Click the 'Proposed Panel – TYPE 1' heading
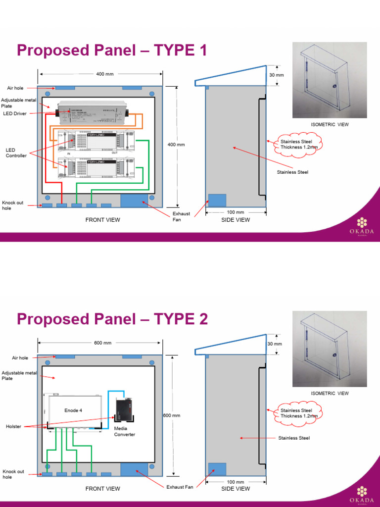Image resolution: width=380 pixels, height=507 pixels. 112,51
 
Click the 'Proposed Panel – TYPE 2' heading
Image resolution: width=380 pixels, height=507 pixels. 112,319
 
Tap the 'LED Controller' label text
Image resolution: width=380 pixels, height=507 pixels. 16,152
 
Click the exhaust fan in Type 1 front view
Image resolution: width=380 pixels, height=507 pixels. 134,200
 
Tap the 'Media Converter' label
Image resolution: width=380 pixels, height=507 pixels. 125,431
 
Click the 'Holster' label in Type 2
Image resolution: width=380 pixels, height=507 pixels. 13,426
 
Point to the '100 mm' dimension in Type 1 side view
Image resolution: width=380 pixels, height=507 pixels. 236,212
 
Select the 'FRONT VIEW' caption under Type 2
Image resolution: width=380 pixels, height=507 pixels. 102,489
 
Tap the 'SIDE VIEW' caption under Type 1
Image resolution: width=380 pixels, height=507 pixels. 236,220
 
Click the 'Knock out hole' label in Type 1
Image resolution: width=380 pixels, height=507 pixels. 13,205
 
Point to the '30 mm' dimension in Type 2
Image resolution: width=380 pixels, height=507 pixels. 275,344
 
